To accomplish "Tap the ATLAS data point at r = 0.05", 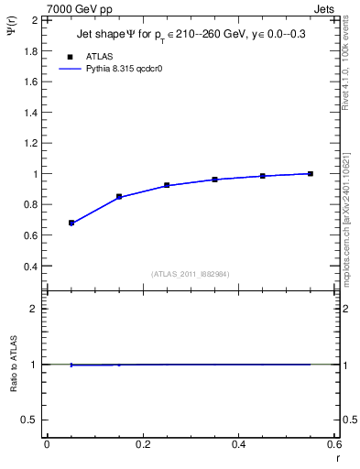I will pyautogui.click(x=71, y=223).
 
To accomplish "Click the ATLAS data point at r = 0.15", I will pyautogui.click(x=119, y=196).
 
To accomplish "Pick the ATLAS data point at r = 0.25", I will pyautogui.click(x=167, y=185).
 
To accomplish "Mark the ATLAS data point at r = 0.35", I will pyautogui.click(x=215, y=180).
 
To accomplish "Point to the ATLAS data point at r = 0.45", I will pyautogui.click(x=263, y=176).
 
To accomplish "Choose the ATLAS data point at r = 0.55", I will pyautogui.click(x=311, y=174).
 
